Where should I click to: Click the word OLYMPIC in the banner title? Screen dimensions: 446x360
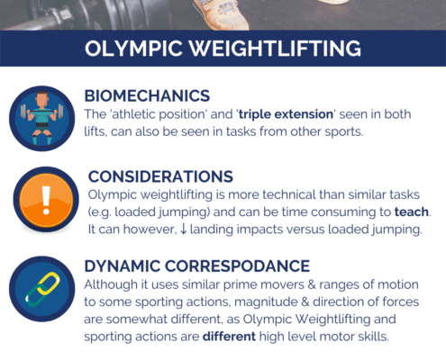point(133,49)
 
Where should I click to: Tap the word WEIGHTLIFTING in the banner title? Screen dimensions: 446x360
point(276,49)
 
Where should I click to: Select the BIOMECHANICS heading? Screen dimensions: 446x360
point(147,96)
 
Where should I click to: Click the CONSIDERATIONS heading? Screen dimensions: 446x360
point(160,176)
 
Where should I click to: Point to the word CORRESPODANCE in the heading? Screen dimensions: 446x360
point(237,266)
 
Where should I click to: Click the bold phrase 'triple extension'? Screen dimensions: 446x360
point(286,114)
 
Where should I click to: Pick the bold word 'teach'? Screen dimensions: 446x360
point(411,211)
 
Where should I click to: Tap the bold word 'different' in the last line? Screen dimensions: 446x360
point(229,337)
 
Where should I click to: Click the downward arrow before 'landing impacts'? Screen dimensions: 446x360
point(183,229)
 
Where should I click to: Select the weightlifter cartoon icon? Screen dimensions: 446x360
point(42,119)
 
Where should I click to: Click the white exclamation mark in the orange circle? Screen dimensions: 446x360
point(46,200)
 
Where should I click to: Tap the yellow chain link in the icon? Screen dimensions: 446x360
point(49,283)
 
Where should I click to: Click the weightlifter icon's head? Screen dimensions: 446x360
point(42,99)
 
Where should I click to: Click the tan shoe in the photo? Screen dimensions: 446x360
point(222,14)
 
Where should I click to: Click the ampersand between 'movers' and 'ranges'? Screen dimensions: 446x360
point(312,284)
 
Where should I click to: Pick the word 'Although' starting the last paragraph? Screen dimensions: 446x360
point(111,284)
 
